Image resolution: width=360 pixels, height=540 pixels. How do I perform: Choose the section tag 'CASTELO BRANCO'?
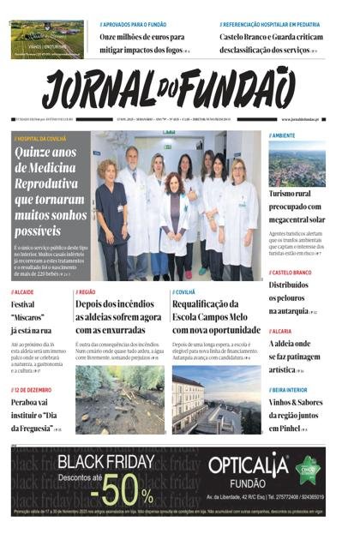[x=294, y=273]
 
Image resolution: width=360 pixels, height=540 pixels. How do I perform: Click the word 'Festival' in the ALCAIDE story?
[x=23, y=305]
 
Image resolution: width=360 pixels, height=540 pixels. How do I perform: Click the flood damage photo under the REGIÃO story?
[x=120, y=399]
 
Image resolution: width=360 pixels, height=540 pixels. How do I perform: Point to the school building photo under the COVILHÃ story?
[x=217, y=399]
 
